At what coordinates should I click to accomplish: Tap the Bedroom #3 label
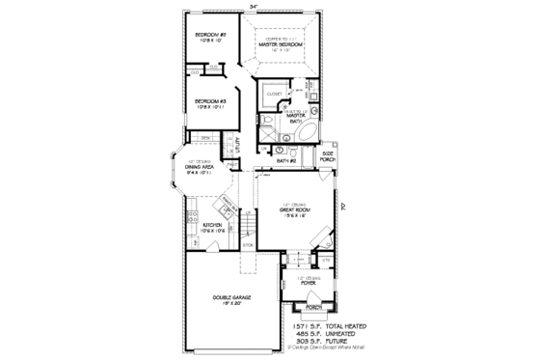(x=210, y=100)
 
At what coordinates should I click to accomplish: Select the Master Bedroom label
(x=285, y=44)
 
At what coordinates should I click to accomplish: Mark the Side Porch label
(x=328, y=155)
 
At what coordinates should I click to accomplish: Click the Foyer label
(x=308, y=284)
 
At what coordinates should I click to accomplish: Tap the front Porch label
(x=312, y=308)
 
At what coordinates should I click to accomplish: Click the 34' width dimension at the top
(x=254, y=7)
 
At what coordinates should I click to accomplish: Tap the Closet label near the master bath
(x=272, y=95)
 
